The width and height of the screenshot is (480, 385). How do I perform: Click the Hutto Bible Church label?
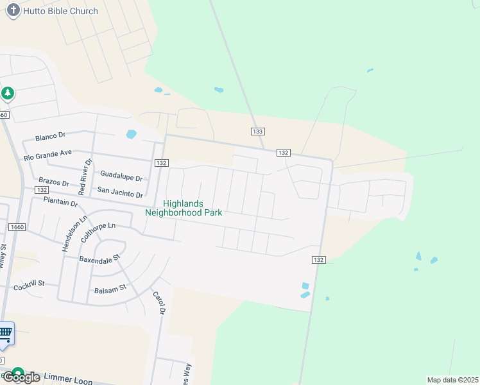pos(60,11)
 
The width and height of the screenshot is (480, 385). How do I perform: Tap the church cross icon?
pos(13,11)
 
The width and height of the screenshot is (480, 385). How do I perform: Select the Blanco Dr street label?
pos(51,136)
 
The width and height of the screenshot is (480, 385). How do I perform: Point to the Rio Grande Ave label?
pos(48,155)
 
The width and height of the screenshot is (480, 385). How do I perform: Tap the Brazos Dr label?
pos(53,182)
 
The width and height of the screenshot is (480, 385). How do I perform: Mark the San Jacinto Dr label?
pos(120,192)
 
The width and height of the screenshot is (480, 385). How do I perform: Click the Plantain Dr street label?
pos(60,201)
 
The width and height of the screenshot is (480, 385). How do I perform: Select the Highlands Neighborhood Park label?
pos(184,208)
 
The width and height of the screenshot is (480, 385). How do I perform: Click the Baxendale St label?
pos(99,259)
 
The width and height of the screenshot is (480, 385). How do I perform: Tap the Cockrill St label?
pos(29,283)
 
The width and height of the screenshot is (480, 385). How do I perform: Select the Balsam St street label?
pos(110,289)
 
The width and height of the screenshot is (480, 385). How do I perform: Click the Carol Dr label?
pos(159,303)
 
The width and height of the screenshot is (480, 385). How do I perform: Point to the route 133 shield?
pos(257,131)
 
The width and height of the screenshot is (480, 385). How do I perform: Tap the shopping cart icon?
pos(6,332)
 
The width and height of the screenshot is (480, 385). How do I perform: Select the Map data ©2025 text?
pos(452,380)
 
